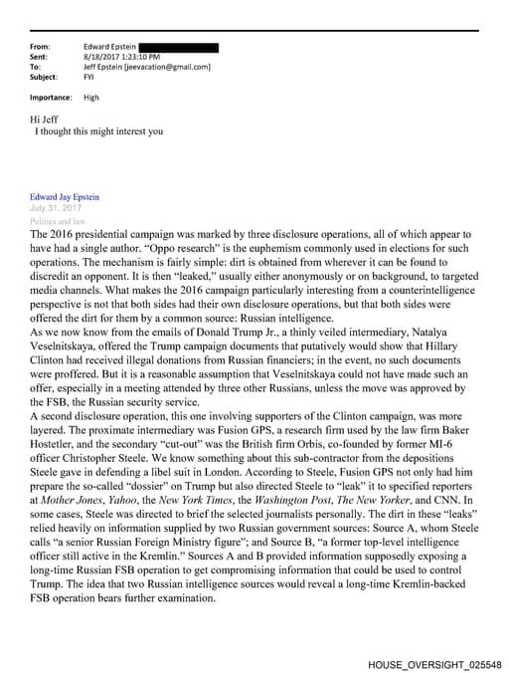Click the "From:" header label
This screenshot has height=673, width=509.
click(41, 47)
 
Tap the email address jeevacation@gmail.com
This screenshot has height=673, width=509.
click(174, 67)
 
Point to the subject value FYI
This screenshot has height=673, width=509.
click(89, 77)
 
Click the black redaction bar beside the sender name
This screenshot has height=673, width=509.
click(178, 47)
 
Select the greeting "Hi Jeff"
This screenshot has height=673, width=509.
click(45, 119)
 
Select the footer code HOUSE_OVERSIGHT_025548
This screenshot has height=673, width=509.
click(433, 663)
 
